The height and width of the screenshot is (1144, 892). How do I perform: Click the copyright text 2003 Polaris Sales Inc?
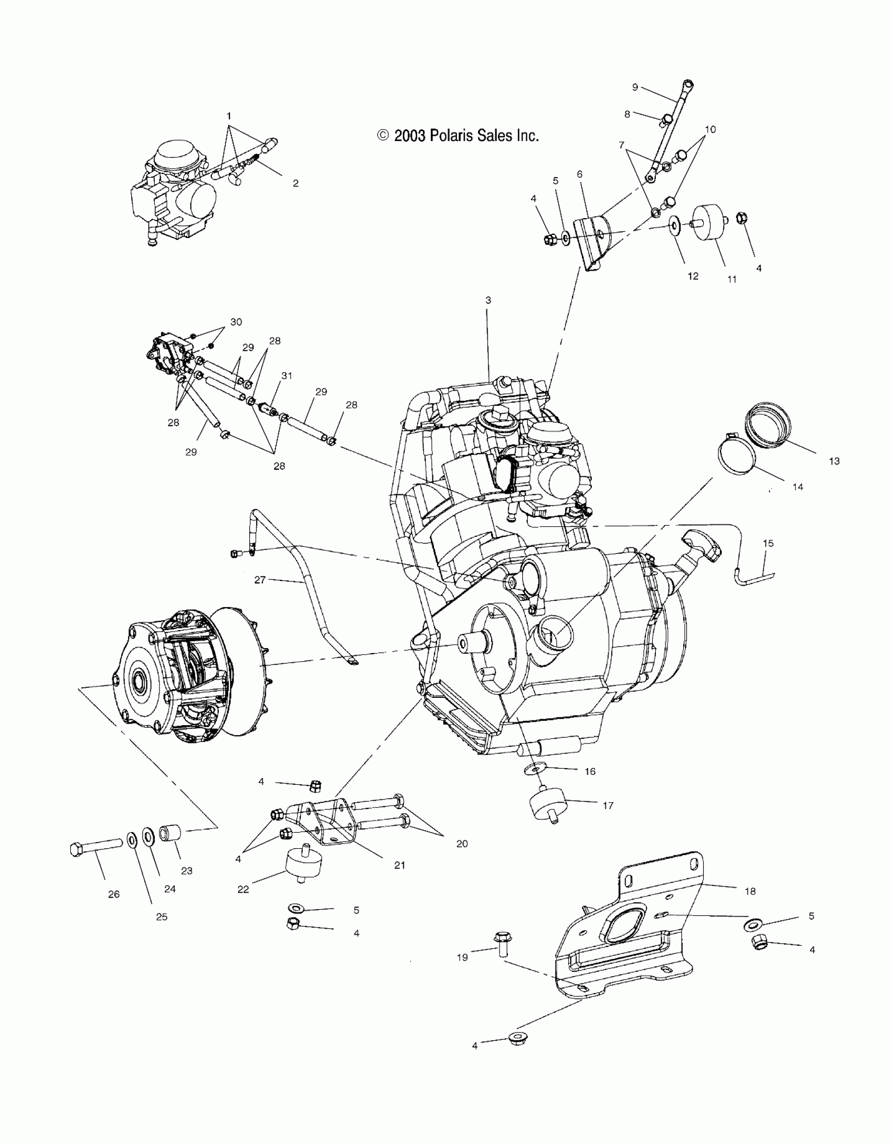[x=458, y=136]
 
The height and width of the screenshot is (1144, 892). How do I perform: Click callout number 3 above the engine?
[x=488, y=300]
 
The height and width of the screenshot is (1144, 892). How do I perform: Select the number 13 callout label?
[x=834, y=461]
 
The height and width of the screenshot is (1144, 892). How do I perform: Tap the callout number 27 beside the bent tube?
[x=260, y=580]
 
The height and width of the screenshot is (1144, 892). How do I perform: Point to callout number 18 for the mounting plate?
[x=750, y=891]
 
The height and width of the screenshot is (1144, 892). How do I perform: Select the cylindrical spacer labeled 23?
[x=171, y=832]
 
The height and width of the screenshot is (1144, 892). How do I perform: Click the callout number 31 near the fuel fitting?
[x=286, y=375]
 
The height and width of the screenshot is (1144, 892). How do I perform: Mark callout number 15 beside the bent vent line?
[x=768, y=543]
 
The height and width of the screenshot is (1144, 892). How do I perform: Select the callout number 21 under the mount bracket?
[x=400, y=865]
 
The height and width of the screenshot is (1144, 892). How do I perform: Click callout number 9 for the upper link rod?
[x=635, y=87]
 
